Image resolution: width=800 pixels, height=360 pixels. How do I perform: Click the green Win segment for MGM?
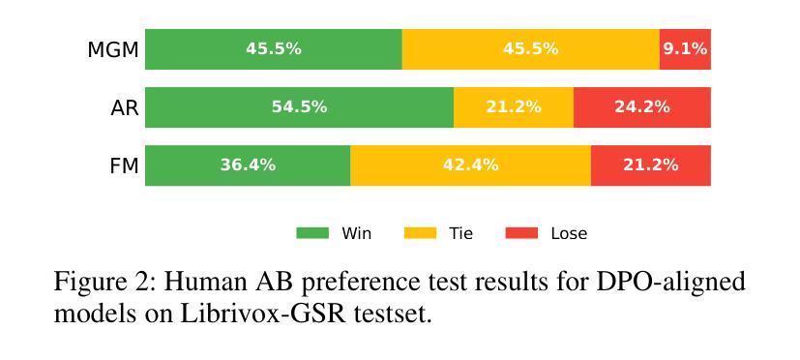[274, 49]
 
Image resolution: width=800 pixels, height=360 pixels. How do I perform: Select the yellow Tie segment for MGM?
[531, 49]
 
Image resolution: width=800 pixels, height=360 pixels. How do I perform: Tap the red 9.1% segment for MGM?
[685, 49]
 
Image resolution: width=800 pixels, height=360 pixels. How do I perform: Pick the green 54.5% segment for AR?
[300, 107]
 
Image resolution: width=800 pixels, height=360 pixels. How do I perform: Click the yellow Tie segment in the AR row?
[514, 107]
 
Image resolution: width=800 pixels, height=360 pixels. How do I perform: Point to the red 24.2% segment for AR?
[641, 107]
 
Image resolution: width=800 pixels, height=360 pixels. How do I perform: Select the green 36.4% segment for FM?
[248, 165]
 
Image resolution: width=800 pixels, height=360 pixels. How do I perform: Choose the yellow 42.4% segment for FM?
[470, 165]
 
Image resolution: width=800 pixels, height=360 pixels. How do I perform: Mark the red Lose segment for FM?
[650, 165]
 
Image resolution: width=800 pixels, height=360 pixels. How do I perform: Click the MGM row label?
[113, 50]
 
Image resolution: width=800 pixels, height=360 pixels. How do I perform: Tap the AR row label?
[125, 108]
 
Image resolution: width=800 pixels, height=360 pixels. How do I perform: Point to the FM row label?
[125, 166]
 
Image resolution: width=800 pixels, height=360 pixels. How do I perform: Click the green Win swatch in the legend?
[312, 233]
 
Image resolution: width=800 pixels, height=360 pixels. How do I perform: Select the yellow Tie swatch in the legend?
[421, 233]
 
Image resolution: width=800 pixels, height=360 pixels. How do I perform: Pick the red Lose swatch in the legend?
[521, 233]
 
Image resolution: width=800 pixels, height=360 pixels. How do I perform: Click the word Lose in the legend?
[569, 233]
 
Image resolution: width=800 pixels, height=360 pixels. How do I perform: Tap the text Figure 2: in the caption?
[104, 283]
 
